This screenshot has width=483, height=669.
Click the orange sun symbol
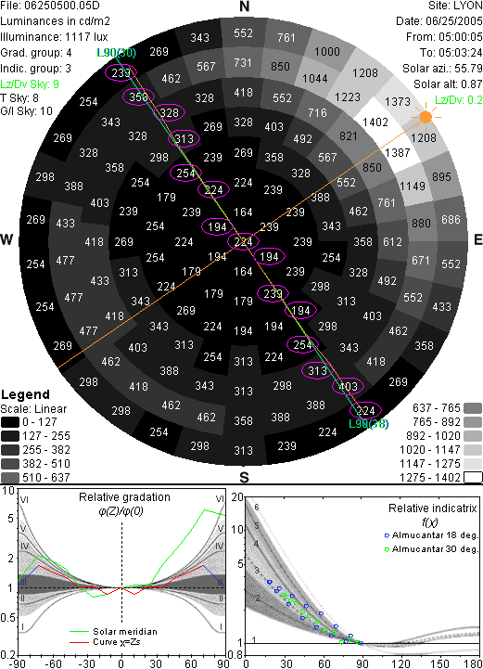click(426, 117)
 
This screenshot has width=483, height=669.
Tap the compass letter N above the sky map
click(244, 6)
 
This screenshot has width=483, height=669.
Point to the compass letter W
click(6, 239)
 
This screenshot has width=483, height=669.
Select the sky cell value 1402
click(375, 122)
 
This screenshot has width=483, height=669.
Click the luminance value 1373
click(398, 101)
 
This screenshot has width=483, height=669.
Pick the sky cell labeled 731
click(243, 63)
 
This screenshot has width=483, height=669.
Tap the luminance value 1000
click(327, 52)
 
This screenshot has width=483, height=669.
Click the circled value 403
click(348, 387)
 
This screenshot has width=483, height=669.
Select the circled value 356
click(138, 97)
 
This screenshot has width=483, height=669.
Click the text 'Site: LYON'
click(455, 6)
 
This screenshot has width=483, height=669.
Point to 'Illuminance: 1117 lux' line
click(54, 37)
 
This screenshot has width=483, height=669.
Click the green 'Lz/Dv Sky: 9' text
click(30, 84)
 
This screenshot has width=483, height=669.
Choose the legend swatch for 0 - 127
click(10, 422)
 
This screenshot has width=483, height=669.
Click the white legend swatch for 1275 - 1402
click(473, 478)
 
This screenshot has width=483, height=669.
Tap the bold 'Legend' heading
click(26, 394)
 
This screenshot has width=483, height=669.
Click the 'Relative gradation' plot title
click(124, 497)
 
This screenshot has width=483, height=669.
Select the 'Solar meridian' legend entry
click(113, 632)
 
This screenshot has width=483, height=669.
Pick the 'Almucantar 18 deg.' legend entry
click(431, 535)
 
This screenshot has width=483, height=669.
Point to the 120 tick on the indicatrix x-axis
click(400, 663)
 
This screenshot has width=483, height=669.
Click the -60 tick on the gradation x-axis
click(52, 663)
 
